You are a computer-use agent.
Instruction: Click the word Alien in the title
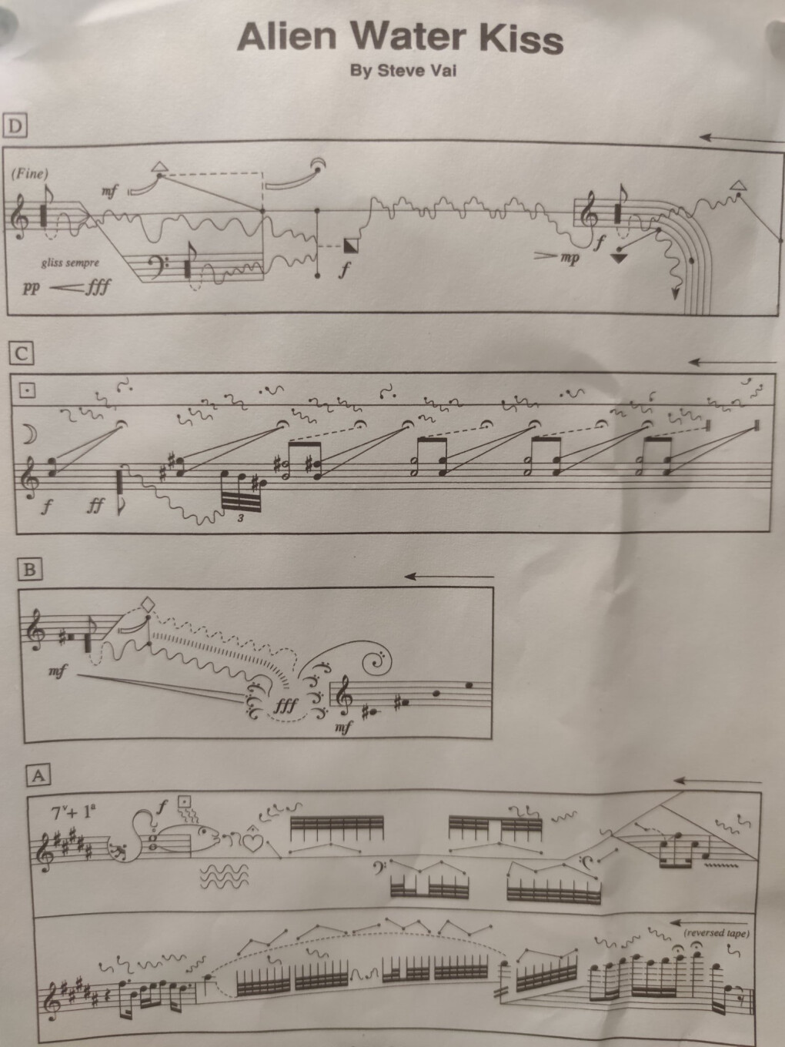(x=286, y=37)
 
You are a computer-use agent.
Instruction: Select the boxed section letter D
(x=15, y=126)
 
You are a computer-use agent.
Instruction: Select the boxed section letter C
(x=22, y=354)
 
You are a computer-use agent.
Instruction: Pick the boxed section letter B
(x=29, y=570)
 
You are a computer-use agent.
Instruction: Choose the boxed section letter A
(x=38, y=776)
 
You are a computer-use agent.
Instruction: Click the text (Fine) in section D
(x=29, y=174)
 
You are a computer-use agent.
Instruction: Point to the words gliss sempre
(x=70, y=263)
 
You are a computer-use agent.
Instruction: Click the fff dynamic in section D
(x=98, y=286)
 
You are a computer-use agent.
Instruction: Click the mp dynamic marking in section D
(x=570, y=258)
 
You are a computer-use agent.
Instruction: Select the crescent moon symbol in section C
(x=29, y=434)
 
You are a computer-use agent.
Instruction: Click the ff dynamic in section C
(x=95, y=506)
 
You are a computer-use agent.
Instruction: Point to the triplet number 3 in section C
(x=241, y=517)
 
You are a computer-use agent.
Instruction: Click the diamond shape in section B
(x=149, y=604)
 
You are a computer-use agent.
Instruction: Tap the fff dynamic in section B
(x=286, y=705)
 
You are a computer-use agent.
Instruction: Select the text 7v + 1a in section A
(x=73, y=812)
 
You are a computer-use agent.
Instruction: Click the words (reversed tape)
(x=717, y=932)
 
